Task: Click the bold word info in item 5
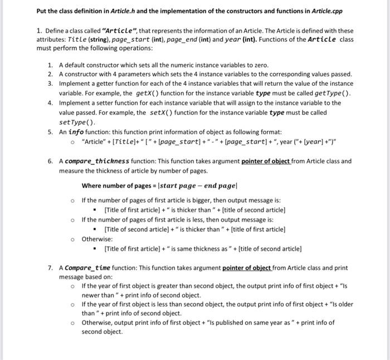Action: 76,132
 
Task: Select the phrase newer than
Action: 99,295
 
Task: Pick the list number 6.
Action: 50,161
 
